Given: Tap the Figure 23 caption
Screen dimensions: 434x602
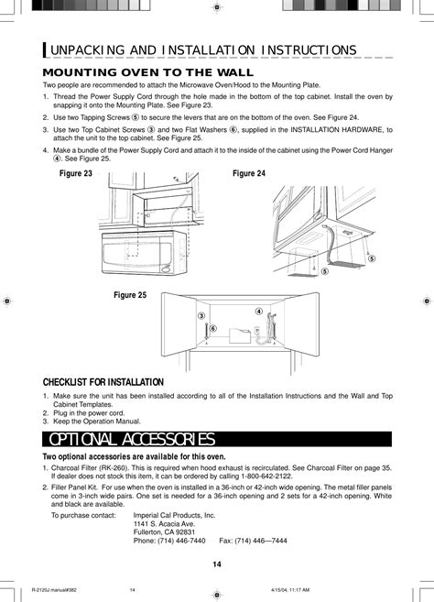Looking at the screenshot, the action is (77, 172).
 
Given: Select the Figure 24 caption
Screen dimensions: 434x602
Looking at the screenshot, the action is (249, 172).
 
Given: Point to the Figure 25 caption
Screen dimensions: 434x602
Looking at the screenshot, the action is (131, 294).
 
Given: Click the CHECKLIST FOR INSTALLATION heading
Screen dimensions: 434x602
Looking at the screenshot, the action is (103, 382).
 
